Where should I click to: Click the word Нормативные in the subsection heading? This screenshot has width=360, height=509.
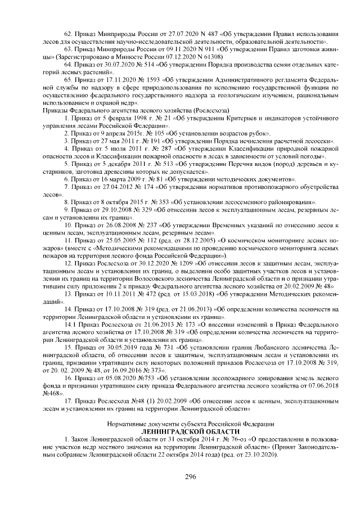pyautogui.click(x=125, y=422)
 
